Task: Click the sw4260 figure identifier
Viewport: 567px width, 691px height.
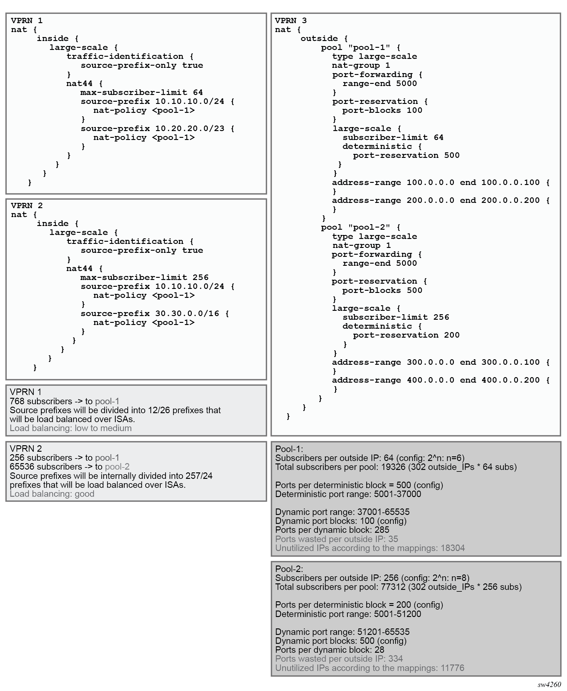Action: (x=549, y=684)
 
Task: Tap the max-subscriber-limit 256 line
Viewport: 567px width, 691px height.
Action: (x=144, y=278)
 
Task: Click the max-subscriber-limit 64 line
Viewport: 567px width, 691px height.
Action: (x=142, y=93)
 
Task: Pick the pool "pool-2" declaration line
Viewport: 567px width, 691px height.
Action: (x=360, y=227)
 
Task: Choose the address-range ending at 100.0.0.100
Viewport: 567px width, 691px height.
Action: (x=441, y=182)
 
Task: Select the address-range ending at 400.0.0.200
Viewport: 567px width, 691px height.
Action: (x=441, y=380)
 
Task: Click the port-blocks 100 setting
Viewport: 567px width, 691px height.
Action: (x=382, y=110)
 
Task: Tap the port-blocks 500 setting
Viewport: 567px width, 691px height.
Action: (x=382, y=290)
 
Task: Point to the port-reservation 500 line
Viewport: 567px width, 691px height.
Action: (x=406, y=155)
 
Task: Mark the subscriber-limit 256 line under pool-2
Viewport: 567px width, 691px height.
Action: (x=396, y=317)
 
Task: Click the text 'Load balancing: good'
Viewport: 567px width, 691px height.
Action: (x=52, y=493)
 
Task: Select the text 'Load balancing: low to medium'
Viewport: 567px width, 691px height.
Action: (x=71, y=428)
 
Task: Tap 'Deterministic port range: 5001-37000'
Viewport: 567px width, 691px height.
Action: (x=348, y=494)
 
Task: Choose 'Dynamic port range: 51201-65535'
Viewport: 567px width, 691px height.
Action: (x=342, y=631)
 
